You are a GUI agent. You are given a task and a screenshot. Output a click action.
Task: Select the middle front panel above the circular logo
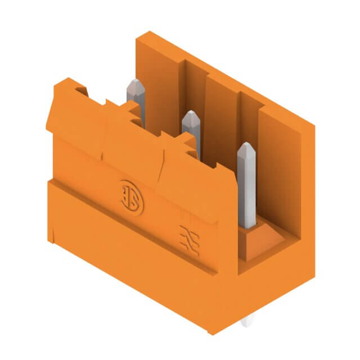point(132,152)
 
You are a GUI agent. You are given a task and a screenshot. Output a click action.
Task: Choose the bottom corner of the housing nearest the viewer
point(211,332)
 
